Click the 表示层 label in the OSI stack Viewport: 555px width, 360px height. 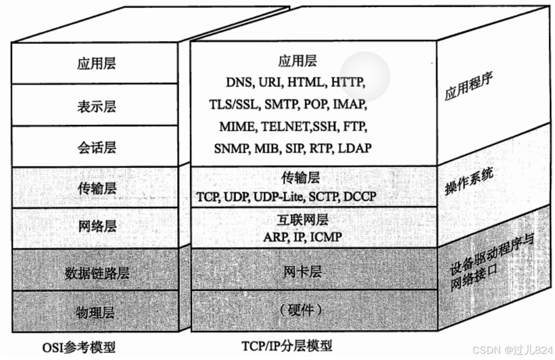(x=96, y=106)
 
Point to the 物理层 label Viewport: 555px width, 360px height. (x=96, y=312)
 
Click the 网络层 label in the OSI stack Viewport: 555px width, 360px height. (x=96, y=226)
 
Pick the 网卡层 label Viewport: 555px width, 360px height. (x=302, y=273)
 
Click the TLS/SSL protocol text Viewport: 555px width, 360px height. (x=234, y=104)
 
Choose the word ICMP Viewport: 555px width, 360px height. (x=326, y=236)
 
